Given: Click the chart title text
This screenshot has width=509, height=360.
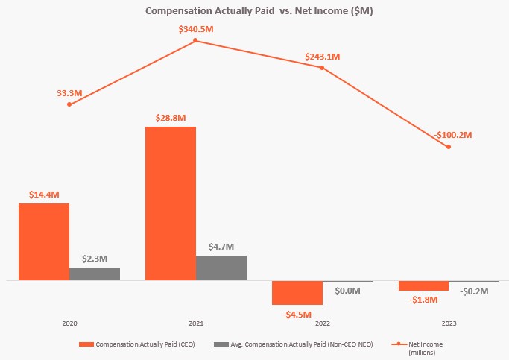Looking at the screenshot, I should tap(254, 12).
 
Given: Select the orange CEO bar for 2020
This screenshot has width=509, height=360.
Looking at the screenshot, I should tap(44, 241).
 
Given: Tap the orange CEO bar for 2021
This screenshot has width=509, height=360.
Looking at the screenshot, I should tap(171, 203).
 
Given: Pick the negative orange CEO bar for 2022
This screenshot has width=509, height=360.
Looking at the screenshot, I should tap(297, 292).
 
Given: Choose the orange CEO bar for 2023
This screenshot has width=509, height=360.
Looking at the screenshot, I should tap(423, 285).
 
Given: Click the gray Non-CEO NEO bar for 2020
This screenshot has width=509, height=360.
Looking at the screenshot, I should tap(95, 274).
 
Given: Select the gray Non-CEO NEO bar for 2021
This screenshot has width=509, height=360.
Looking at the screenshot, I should tap(221, 268).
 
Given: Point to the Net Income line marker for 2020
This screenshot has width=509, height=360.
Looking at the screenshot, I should tap(69, 104).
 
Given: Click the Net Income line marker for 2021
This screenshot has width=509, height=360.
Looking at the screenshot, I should tap(196, 40).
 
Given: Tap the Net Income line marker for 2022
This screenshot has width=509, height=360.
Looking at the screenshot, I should tap(322, 68).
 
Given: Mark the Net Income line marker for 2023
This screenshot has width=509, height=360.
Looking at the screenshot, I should tap(449, 147).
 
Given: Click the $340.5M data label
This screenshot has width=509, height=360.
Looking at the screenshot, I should tap(196, 28).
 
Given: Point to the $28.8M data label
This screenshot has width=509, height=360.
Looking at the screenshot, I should tap(171, 118).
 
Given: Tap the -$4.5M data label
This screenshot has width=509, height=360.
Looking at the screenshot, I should tap(297, 314).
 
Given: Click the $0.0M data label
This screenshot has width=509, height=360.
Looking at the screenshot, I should tap(348, 291).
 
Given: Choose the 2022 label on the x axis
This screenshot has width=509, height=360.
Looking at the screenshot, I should tap(322, 324).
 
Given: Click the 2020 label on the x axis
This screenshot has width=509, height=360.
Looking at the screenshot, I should tap(69, 324).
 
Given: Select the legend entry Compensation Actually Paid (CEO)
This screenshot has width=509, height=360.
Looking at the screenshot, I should tap(145, 344).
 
